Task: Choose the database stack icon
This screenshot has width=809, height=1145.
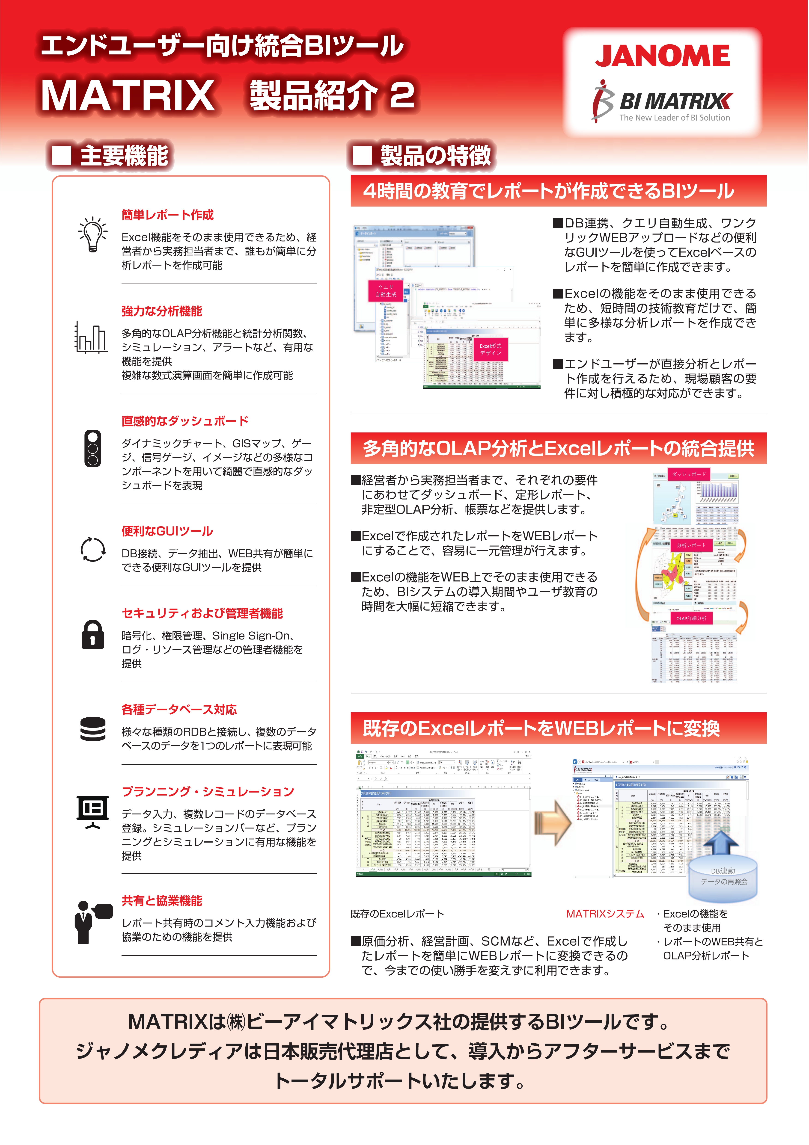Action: tap(93, 729)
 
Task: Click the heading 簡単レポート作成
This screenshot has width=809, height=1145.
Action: tap(168, 215)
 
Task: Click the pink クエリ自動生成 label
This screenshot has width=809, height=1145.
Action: tap(386, 291)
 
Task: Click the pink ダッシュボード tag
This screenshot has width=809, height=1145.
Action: tap(688, 474)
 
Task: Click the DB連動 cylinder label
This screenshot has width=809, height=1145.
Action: tap(723, 876)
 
